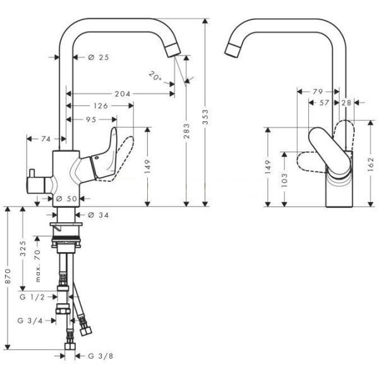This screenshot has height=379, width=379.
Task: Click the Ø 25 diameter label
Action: [99, 57]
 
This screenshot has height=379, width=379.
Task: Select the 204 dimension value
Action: [123, 93]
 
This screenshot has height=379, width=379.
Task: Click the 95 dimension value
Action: [92, 119]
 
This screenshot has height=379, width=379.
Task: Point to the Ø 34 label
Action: [99, 215]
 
